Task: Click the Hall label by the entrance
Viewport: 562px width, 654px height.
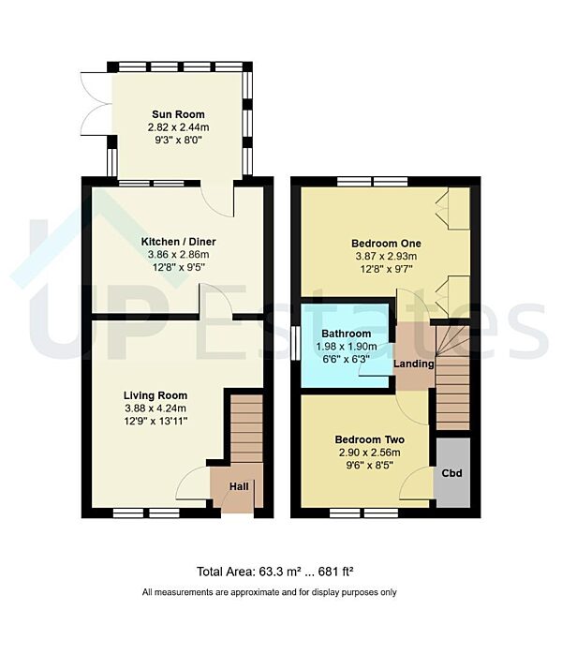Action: point(238,487)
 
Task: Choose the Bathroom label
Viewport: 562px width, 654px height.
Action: point(346,334)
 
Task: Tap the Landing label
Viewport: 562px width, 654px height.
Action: point(413,364)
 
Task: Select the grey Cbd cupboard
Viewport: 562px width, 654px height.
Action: point(452,473)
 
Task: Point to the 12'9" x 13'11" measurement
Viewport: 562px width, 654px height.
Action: point(157,421)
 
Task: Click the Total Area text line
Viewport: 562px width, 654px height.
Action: point(274,572)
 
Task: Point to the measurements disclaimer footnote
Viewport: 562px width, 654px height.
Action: point(270,592)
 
